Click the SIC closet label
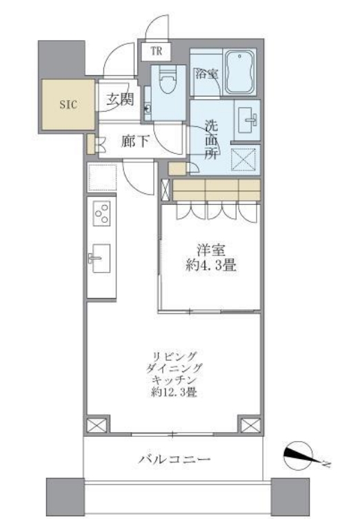point(67,105)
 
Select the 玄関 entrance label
point(119,99)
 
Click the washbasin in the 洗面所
point(247,119)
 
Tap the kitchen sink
point(99,259)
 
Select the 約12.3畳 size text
point(173,394)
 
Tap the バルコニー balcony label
point(173,459)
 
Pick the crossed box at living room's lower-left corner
point(97,424)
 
